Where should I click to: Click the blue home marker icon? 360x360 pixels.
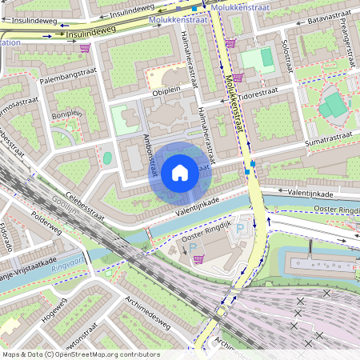(x=180, y=172)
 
